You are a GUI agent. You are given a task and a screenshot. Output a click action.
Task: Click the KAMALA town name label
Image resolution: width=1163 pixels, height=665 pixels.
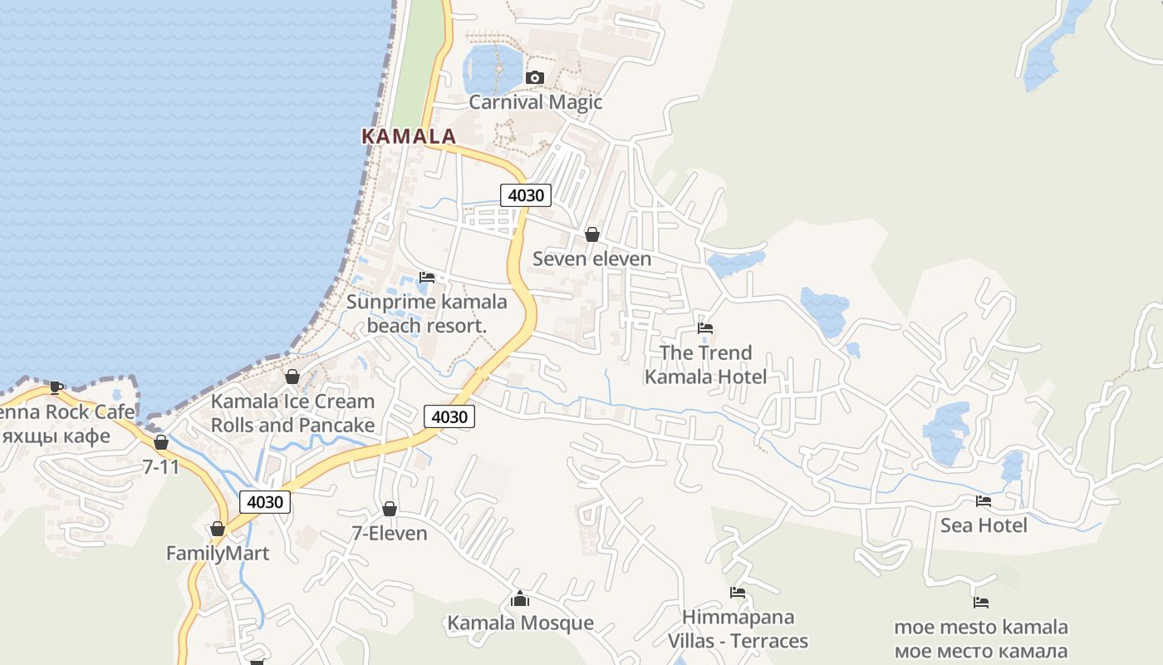click(409, 136)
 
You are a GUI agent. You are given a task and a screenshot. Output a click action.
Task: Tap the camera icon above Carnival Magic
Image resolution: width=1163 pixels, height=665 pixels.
click(535, 77)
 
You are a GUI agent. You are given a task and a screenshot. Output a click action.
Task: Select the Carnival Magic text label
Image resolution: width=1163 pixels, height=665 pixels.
click(535, 102)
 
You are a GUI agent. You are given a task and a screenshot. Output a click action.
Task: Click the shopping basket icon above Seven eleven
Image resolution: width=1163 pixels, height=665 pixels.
click(592, 234)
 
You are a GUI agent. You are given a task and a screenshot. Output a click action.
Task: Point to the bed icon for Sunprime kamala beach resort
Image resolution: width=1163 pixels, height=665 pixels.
click(427, 277)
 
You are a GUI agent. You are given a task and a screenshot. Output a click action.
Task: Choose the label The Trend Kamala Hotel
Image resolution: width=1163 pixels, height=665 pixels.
click(705, 365)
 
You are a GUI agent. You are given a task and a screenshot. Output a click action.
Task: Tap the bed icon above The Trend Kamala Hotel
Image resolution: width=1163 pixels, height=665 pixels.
click(705, 328)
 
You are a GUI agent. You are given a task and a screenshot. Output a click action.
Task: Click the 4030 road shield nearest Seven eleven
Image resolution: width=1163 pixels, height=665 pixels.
click(525, 195)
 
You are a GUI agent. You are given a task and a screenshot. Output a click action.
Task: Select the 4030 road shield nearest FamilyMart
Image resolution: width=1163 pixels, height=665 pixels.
click(265, 501)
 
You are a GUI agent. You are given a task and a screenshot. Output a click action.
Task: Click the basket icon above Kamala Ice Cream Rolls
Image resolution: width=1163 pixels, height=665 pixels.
click(292, 377)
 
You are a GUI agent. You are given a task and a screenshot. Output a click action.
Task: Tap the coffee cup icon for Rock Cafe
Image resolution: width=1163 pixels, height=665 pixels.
click(56, 387)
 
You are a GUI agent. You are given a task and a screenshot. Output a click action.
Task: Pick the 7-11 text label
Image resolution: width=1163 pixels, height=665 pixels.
click(160, 467)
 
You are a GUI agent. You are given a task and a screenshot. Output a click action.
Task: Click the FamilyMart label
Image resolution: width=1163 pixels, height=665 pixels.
click(218, 554)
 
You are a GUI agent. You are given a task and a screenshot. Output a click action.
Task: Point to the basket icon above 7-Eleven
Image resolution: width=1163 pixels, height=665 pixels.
click(389, 509)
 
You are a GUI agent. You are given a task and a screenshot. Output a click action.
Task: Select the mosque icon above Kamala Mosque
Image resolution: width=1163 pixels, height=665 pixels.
click(520, 598)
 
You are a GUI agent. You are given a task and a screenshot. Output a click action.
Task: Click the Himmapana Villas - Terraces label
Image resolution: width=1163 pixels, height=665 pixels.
click(738, 629)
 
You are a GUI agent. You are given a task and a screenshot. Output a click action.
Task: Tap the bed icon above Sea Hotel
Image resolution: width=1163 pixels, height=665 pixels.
click(984, 500)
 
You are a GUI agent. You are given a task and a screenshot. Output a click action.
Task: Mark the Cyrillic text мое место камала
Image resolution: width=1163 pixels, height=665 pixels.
click(980, 651)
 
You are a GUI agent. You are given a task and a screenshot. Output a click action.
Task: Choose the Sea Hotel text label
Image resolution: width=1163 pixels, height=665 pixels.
click(984, 525)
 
